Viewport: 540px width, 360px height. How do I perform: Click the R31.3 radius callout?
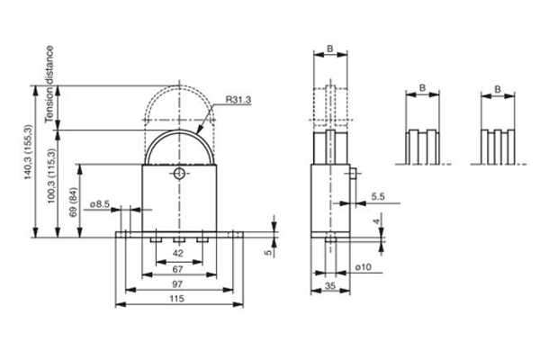pos(238,100)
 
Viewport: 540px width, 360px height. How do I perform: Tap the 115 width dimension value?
pos(176,299)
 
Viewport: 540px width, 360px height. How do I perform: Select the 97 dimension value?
pos(177,284)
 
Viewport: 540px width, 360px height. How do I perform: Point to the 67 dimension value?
pos(177,269)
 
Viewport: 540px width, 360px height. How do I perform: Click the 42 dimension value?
pos(177,254)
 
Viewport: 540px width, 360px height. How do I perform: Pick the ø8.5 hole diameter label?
pos(100,204)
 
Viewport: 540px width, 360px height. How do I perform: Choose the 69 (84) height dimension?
pos(74,202)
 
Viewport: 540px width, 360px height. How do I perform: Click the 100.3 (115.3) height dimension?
pos(51,175)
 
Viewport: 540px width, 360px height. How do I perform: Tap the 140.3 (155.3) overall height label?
pos(28,151)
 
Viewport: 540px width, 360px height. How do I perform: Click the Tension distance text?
pos(49,84)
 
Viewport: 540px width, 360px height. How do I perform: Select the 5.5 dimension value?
pos(378,197)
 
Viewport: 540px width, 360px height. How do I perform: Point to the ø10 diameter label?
pos(364,267)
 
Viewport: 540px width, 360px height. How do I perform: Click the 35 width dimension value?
pos(330,286)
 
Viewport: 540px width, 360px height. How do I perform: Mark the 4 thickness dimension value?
pos(377,221)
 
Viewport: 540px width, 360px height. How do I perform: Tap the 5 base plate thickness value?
pos(268,253)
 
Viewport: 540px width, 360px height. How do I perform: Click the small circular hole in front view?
pos(179,174)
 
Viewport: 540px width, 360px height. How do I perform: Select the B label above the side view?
pos(330,49)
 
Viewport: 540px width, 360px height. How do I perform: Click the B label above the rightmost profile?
pos(498,90)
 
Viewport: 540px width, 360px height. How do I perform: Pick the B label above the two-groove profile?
pos(423,88)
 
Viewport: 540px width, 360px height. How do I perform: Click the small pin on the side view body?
pos(353,172)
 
